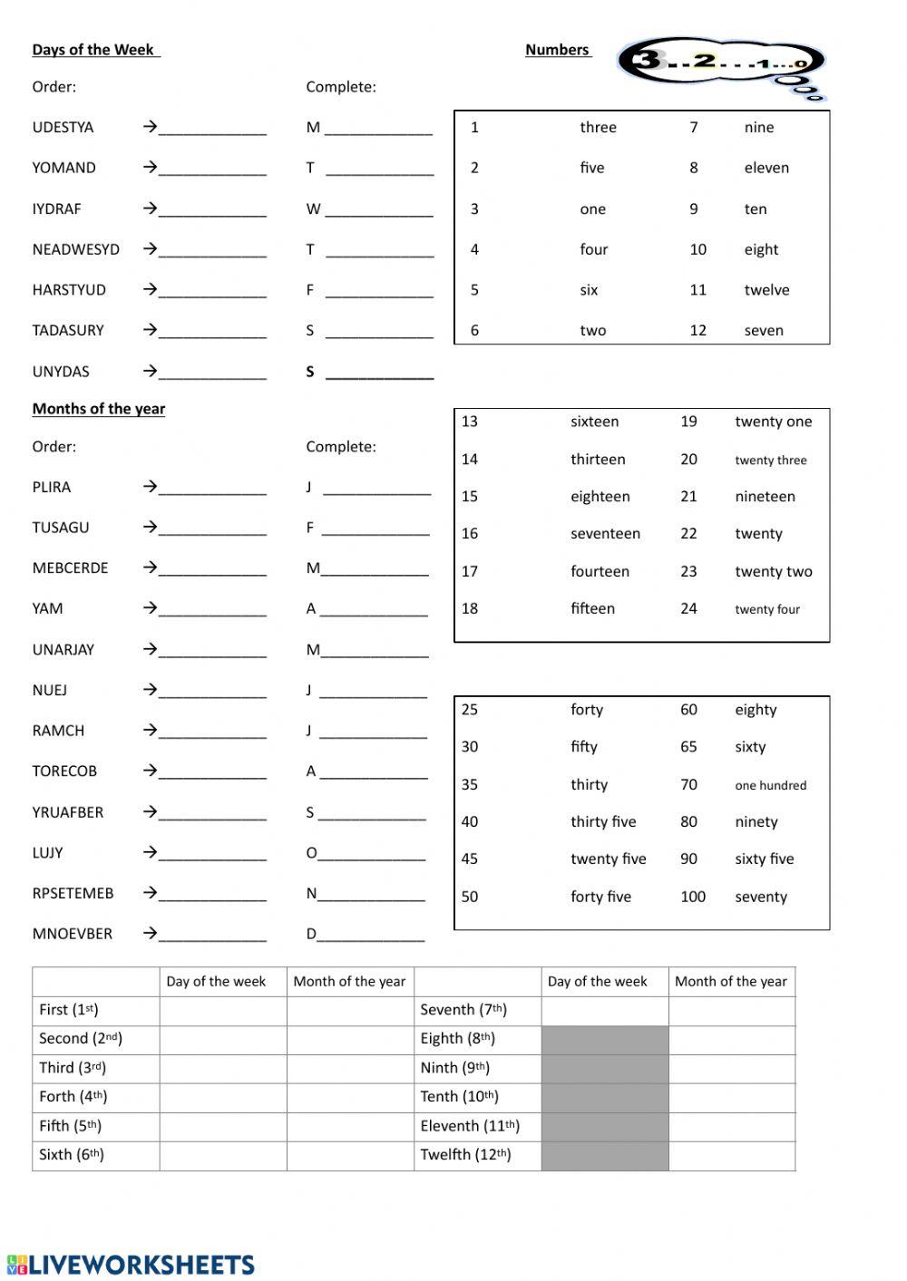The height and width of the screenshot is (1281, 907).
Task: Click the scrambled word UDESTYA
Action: (63, 128)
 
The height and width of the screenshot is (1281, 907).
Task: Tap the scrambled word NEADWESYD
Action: (75, 249)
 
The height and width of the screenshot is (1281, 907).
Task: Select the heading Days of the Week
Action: (93, 50)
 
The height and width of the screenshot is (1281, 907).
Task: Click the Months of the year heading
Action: (98, 409)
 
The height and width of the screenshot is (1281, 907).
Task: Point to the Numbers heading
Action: (557, 50)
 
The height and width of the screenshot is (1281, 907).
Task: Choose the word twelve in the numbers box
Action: (766, 290)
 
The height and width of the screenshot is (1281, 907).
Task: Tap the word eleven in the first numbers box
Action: (766, 168)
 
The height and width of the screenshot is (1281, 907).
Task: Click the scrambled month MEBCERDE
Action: (70, 568)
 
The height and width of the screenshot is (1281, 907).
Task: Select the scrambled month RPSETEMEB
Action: (73, 894)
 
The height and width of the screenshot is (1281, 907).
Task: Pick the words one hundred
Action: (770, 786)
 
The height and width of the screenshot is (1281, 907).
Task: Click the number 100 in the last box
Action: (692, 897)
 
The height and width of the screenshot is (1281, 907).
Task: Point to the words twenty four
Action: (767, 610)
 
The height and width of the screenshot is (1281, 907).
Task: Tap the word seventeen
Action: (605, 534)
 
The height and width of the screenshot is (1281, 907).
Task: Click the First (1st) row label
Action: (69, 1010)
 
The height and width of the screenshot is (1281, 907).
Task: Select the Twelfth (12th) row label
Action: (465, 1155)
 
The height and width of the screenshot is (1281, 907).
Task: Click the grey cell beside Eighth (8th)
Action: (605, 1040)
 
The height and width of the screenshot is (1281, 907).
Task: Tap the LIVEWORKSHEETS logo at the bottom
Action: (131, 1265)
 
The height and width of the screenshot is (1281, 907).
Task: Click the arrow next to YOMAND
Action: (150, 168)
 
